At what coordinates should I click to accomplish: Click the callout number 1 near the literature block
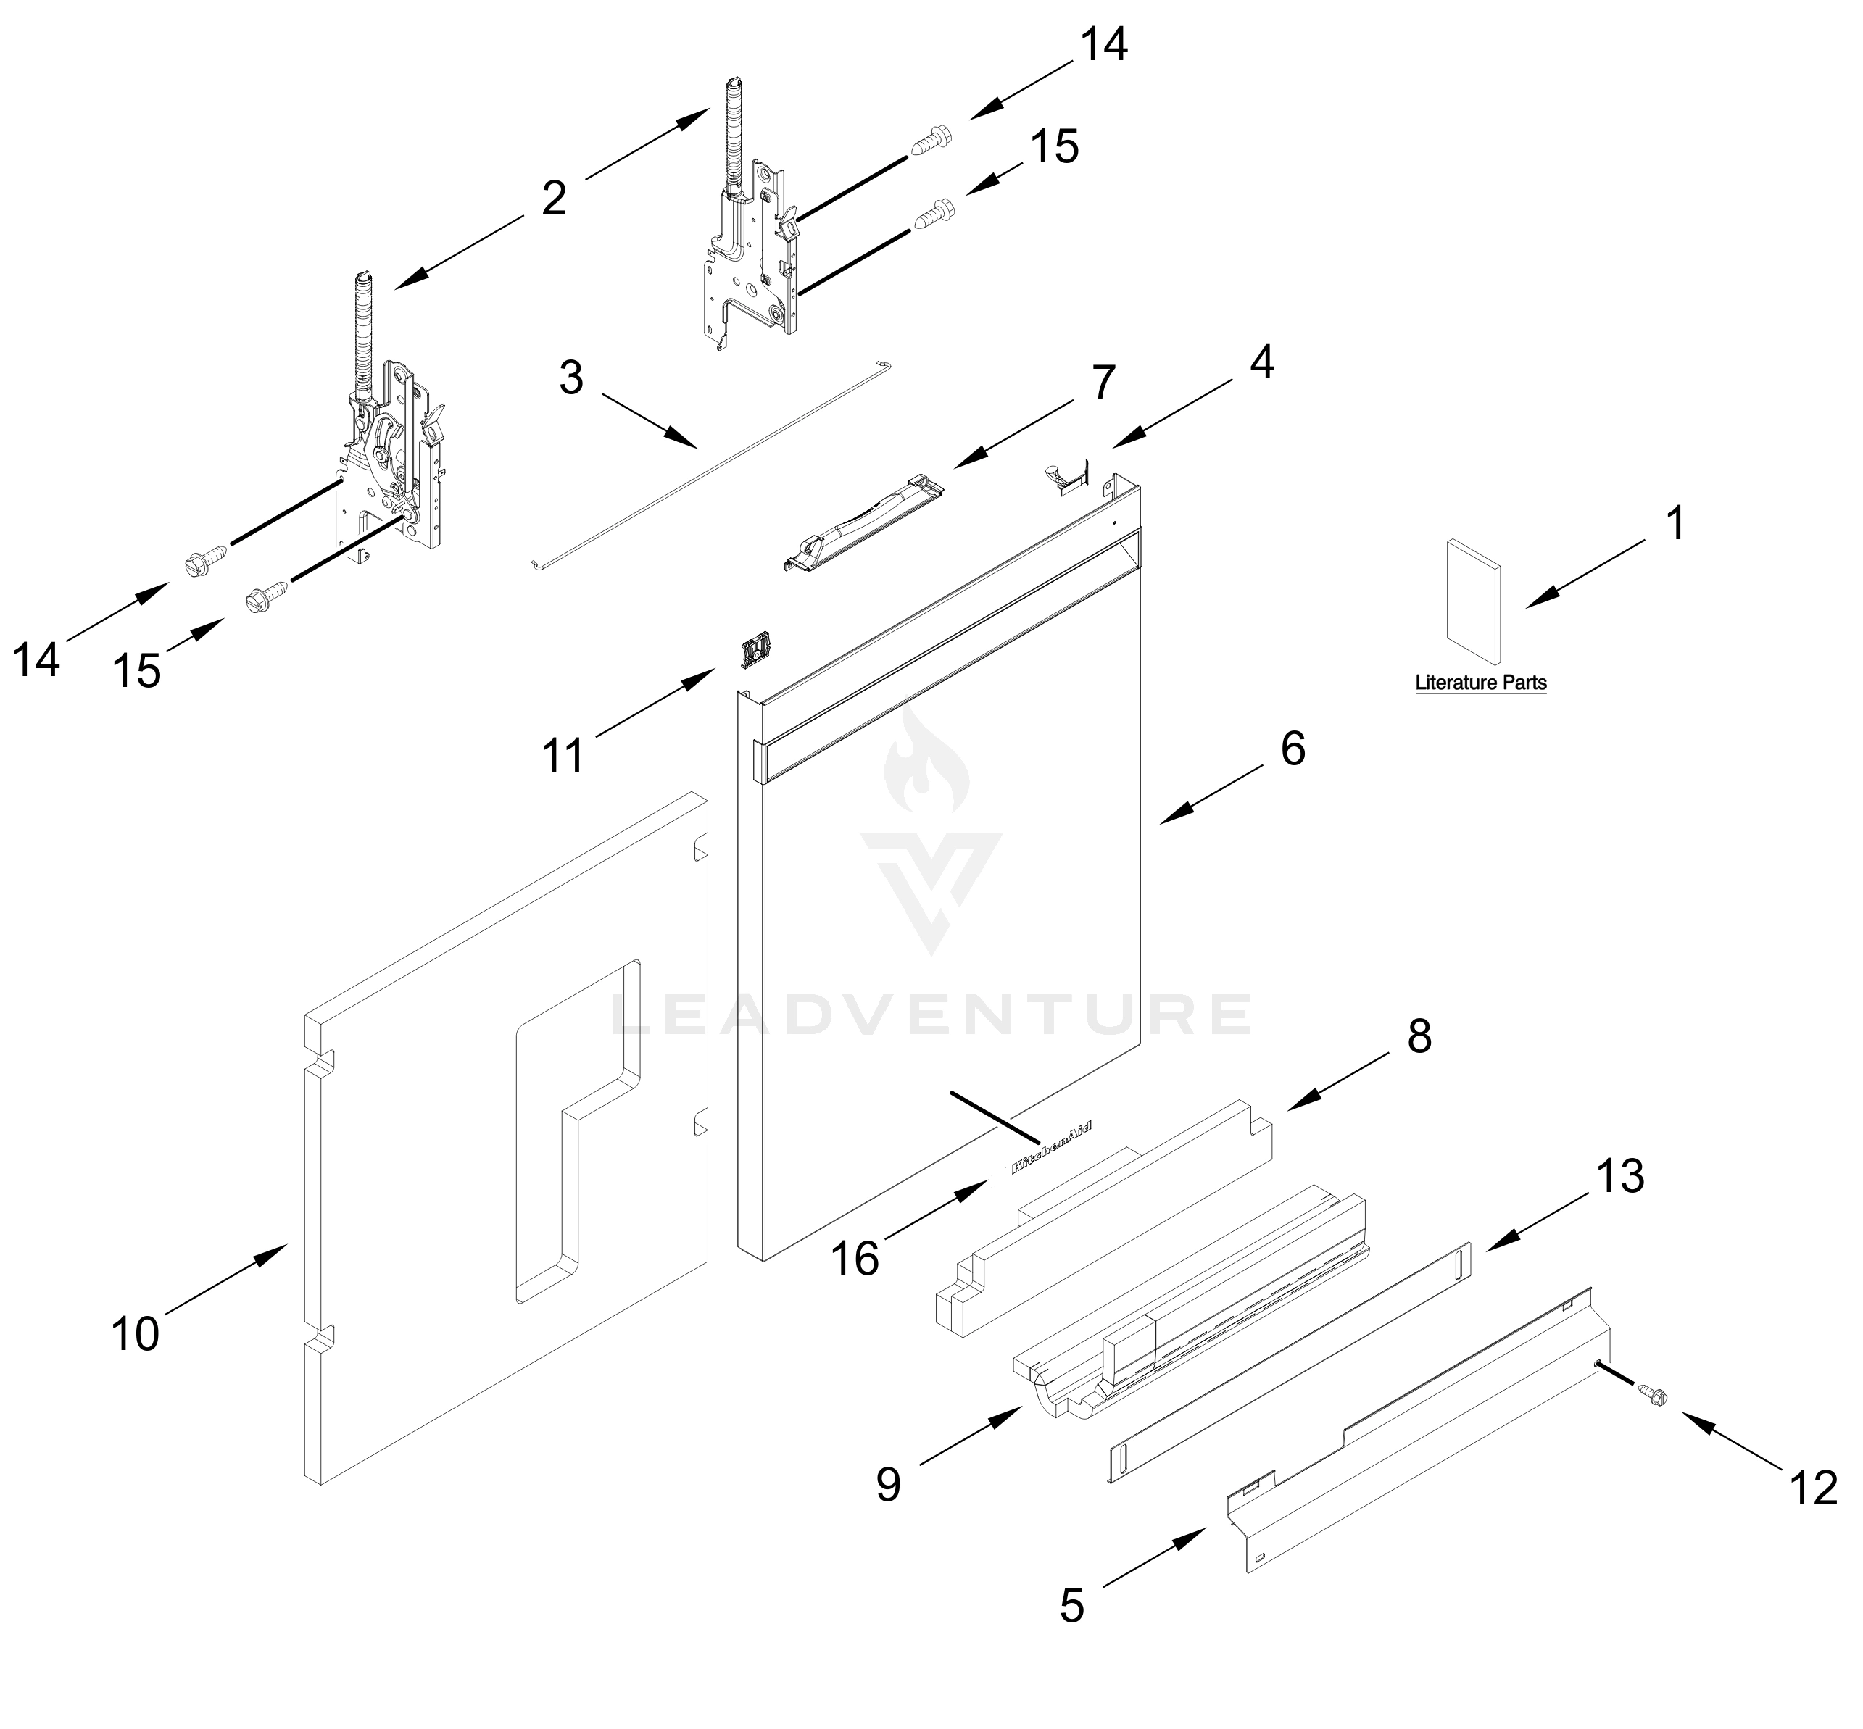(x=1676, y=523)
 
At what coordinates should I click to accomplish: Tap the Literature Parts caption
(x=1480, y=683)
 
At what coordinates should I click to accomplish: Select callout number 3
(x=570, y=378)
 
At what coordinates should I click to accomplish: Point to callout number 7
(x=1104, y=383)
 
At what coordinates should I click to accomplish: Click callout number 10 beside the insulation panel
(x=135, y=1333)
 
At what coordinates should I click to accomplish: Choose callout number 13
(x=1619, y=1176)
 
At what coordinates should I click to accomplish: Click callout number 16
(x=855, y=1259)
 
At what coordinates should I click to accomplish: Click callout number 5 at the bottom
(x=1071, y=1606)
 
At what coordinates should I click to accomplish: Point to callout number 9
(x=888, y=1484)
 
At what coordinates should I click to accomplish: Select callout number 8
(x=1419, y=1037)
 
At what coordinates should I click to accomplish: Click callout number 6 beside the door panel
(x=1293, y=749)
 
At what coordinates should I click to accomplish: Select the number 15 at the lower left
(x=136, y=671)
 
